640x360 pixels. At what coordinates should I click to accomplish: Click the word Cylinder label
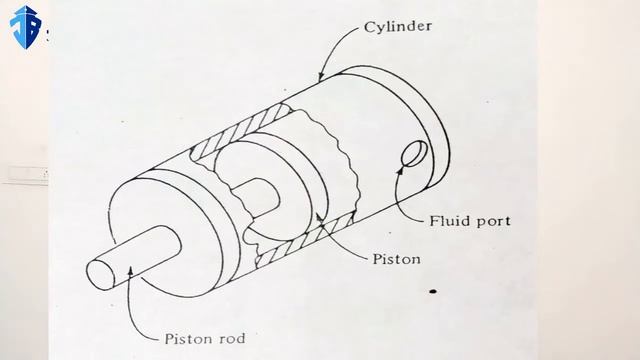[x=398, y=27]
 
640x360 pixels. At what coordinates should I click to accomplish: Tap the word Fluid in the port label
[x=447, y=220]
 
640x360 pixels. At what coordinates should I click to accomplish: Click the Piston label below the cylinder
[x=396, y=259]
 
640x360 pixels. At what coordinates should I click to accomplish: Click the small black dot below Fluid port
[x=433, y=292]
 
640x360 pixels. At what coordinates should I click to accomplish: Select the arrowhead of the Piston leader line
[x=318, y=217]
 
